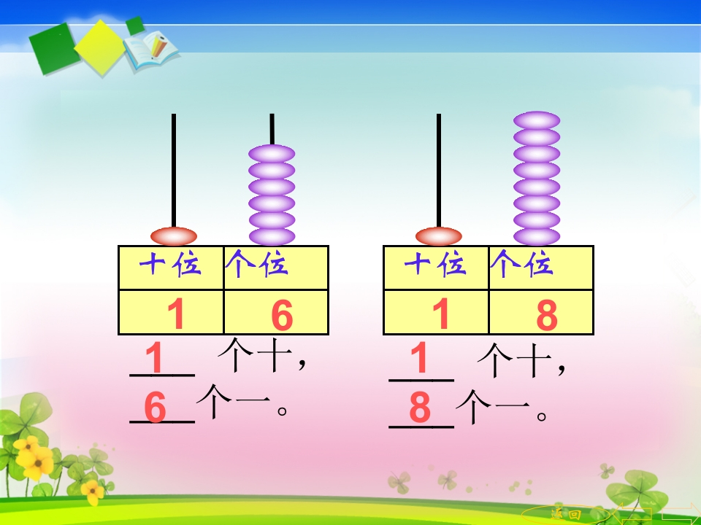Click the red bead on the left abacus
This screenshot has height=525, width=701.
click(174, 236)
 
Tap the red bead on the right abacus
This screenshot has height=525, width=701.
click(439, 236)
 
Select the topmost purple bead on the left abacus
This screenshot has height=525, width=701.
click(272, 154)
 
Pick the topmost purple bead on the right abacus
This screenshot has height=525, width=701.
click(537, 120)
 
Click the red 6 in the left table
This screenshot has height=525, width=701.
click(282, 315)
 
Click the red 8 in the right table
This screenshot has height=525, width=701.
click(547, 315)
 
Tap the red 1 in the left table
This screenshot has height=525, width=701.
click(176, 314)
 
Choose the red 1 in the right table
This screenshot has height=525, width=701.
click(441, 314)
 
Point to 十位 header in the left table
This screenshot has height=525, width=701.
click(170, 264)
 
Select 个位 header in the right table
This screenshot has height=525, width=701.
click(521, 263)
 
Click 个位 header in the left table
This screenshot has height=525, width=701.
click(256, 263)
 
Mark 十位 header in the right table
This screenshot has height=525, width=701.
click(435, 264)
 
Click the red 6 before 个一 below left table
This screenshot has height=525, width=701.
click(155, 407)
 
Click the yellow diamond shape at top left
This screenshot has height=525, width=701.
click(100, 48)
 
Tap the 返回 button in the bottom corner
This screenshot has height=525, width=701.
click(566, 514)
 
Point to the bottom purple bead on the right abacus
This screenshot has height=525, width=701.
click(537, 236)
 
